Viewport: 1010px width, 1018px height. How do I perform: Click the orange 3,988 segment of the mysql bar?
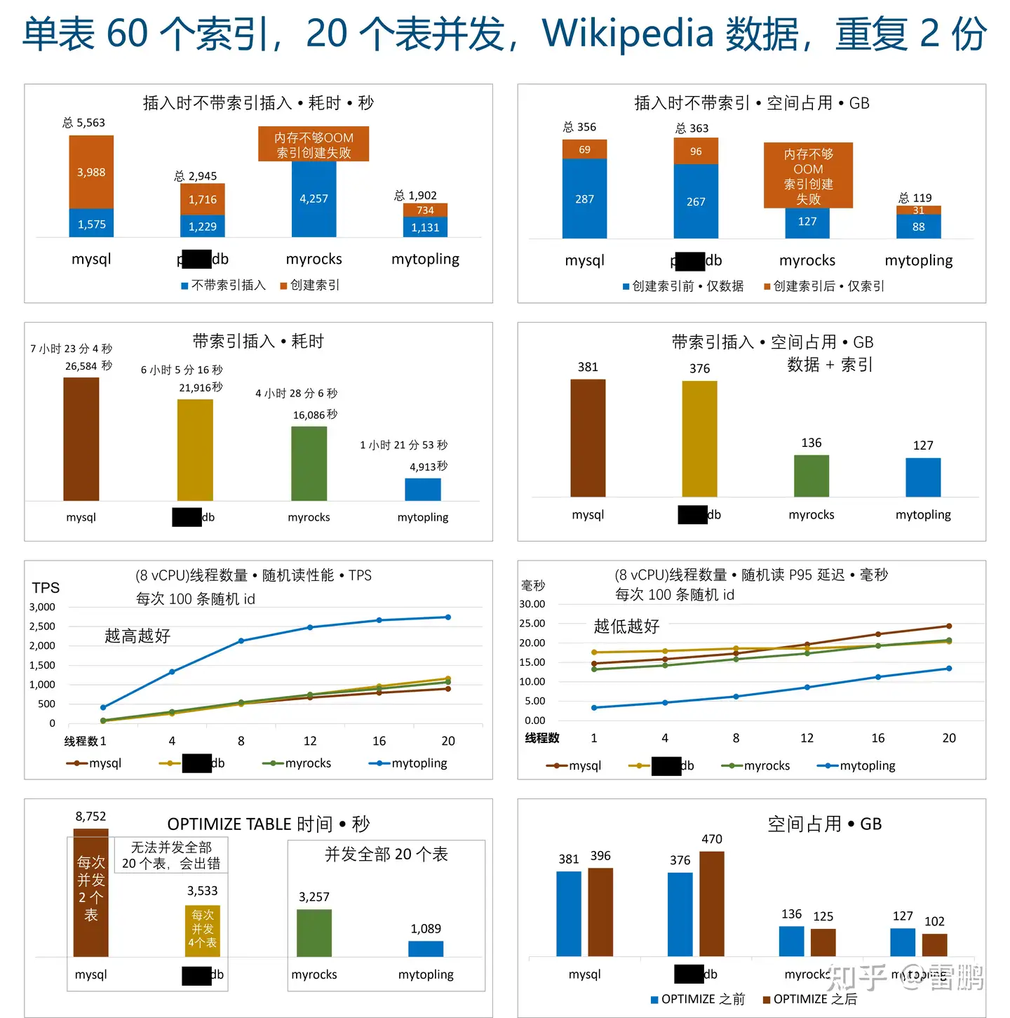91,172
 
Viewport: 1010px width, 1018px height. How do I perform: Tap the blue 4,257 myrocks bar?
314,199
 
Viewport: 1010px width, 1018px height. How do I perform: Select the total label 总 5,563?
84,123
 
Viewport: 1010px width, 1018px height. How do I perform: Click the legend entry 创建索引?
310,285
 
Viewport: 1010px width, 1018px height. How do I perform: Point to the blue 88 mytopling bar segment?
918,227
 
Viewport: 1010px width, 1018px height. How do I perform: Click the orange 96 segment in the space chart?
696,152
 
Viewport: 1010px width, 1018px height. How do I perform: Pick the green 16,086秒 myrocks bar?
309,463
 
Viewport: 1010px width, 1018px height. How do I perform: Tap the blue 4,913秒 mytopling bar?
423,489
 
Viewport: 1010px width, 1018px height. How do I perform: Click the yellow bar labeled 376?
699,438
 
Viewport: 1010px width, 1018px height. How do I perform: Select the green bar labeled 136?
812,476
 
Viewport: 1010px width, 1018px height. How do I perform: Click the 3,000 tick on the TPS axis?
42,607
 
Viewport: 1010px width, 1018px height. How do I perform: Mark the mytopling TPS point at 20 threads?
448,617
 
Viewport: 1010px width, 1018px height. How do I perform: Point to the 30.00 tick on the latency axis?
532,604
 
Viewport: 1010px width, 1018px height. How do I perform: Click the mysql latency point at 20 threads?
949,626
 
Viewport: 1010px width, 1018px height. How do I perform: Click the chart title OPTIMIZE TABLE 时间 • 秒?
268,824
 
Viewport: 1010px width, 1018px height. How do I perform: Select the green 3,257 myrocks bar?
314,932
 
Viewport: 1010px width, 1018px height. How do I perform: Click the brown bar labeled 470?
712,904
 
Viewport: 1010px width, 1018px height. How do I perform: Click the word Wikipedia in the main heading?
628,34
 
